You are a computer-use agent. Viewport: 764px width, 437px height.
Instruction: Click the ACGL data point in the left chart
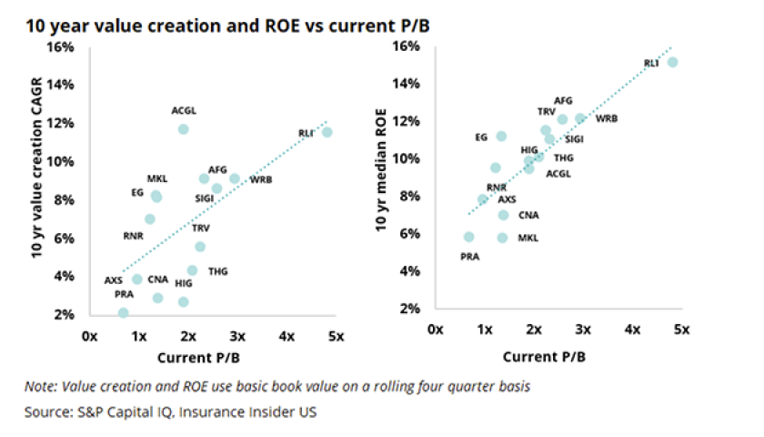click(x=183, y=129)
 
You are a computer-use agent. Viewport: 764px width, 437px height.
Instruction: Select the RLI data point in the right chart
click(x=672, y=62)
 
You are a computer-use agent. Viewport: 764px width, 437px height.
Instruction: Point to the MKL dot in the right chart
click(x=502, y=238)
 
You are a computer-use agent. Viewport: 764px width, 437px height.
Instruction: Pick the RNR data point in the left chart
click(x=150, y=218)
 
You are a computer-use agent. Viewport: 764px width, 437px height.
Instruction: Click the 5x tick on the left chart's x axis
click(x=336, y=336)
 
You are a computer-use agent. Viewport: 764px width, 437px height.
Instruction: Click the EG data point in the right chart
click(x=501, y=137)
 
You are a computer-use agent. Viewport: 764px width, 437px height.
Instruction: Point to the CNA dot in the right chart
click(x=503, y=215)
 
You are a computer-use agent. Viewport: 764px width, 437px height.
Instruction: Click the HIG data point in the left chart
click(x=183, y=301)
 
